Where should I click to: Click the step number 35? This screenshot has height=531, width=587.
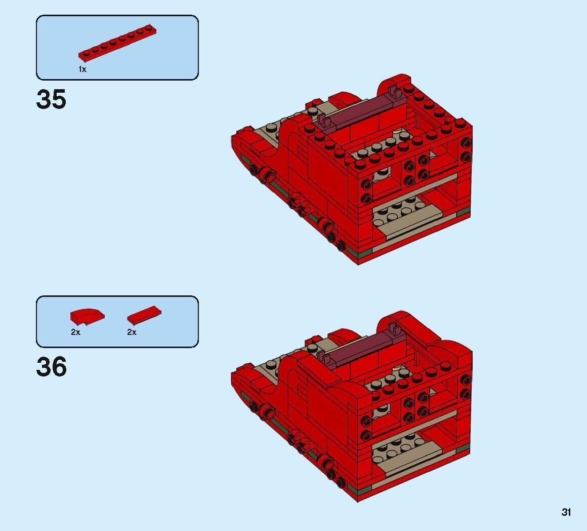click(51, 99)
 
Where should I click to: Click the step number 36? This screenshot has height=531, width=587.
click(51, 367)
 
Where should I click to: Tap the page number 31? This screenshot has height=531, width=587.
click(566, 512)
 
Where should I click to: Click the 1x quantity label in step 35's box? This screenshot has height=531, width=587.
click(82, 69)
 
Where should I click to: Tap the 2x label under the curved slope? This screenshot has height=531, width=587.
click(75, 332)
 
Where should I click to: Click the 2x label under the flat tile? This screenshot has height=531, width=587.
click(132, 332)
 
